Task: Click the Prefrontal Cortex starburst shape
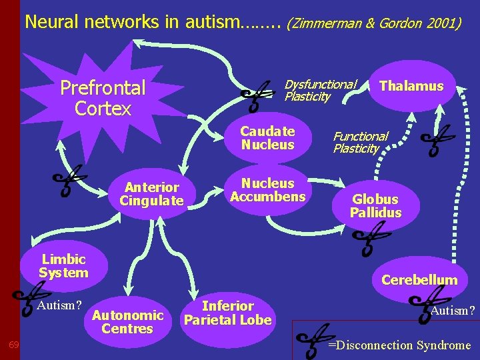point(103,97)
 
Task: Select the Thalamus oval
point(411,86)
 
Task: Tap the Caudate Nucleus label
point(267,138)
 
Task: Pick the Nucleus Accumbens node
point(267,190)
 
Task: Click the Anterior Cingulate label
point(151,194)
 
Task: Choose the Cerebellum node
point(419,279)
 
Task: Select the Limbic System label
point(63,266)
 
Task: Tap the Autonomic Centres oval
point(127,321)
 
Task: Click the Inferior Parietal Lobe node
point(228,313)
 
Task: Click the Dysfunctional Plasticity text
point(320,91)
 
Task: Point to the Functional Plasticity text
point(360,143)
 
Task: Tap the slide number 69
point(13,345)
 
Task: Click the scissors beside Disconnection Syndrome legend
point(312,340)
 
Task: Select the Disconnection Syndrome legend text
point(403,345)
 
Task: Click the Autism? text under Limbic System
point(60,306)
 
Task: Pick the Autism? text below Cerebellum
point(453,311)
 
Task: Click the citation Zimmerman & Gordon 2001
point(373,24)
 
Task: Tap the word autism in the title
point(211,22)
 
